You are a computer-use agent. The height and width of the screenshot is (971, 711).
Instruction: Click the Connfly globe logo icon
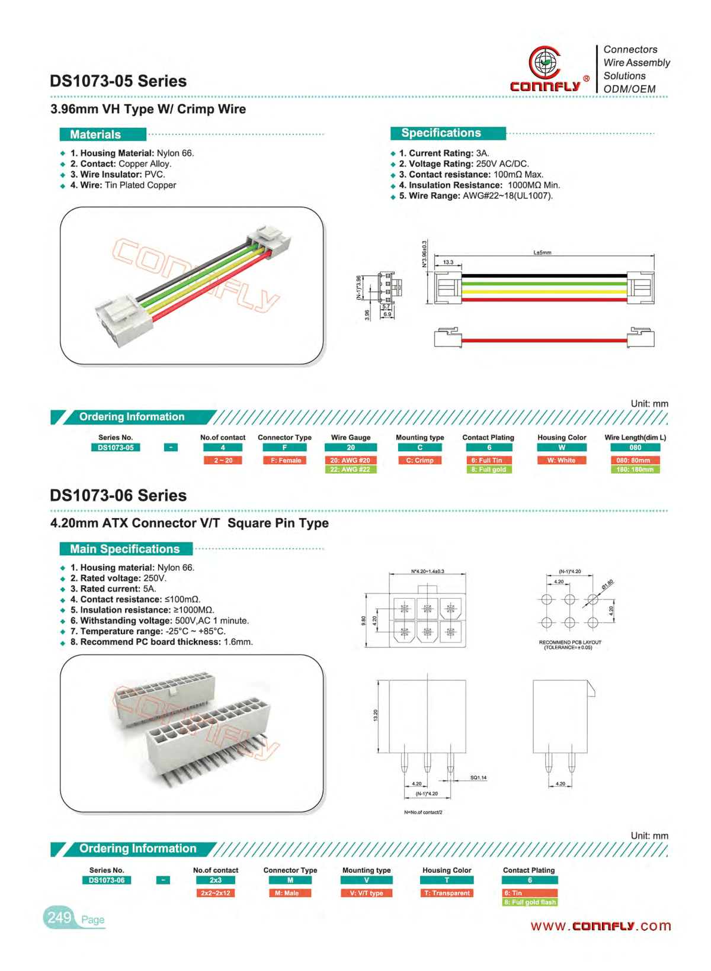[x=545, y=62]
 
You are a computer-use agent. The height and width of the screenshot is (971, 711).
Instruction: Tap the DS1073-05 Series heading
[x=118, y=81]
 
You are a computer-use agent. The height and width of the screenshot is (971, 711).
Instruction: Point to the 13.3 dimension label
[x=448, y=262]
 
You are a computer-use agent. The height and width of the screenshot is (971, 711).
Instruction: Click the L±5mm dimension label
[x=542, y=253]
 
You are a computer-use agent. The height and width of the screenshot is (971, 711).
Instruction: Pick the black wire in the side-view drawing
[x=544, y=275]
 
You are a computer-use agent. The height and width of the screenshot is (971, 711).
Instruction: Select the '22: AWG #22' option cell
[x=350, y=470]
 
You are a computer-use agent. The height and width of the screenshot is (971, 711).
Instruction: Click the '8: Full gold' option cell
[x=489, y=470]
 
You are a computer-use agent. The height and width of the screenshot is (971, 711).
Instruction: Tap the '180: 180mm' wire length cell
[x=635, y=470]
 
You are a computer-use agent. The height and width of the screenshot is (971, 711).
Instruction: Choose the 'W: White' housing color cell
[x=561, y=460]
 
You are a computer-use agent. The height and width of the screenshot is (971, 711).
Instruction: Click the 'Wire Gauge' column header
[x=351, y=438]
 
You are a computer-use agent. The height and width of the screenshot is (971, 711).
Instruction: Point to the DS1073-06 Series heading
[x=118, y=496]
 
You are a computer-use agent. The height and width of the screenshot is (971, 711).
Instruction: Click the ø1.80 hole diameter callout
[x=607, y=584]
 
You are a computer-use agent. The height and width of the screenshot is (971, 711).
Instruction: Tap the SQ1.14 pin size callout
[x=478, y=777]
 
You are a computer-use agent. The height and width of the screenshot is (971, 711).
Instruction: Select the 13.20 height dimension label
[x=375, y=716]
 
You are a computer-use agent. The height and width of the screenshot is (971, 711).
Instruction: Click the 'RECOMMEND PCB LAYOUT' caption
[x=569, y=642]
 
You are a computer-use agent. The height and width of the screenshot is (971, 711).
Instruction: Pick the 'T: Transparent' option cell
[x=447, y=893]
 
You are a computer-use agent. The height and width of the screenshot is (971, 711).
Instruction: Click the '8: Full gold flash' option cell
[x=530, y=902]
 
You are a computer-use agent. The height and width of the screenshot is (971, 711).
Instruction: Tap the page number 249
[x=59, y=918]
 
